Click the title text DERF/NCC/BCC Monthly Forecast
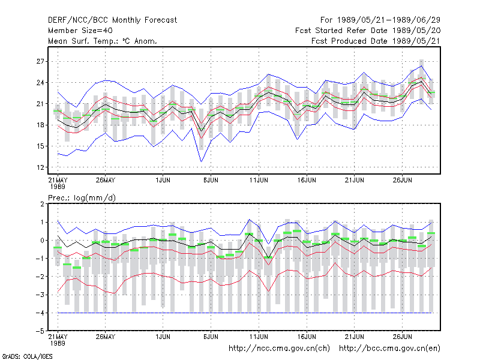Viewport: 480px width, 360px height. [112, 20]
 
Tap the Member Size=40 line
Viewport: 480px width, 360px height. [80, 31]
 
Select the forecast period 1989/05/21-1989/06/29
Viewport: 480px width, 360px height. [388, 20]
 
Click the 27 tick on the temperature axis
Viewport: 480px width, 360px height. [40, 62]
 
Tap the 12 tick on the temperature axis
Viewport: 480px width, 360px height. [40, 167]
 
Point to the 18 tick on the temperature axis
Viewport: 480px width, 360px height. [40, 125]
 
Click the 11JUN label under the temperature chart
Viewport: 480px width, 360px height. [259, 180]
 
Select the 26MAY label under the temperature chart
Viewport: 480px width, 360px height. [106, 180]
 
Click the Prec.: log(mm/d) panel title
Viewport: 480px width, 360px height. [82, 198]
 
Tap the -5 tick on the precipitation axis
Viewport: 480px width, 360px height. [40, 331]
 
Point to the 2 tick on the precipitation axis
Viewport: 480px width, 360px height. [42, 204]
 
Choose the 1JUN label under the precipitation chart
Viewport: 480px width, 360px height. [163, 337]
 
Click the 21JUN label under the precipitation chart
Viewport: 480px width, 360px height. [355, 337]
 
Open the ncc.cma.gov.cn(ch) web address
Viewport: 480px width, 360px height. [279, 349]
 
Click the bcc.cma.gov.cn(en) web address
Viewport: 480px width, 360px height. [389, 349]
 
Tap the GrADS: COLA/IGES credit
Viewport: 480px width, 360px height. [27, 356]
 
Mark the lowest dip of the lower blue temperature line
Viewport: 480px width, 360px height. [201, 161]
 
